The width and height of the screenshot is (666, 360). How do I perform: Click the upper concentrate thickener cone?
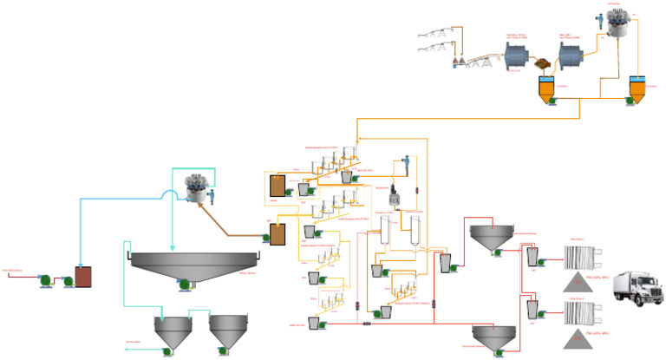pos(492,238)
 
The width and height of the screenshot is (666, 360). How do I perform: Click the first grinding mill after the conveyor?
pos(518,55)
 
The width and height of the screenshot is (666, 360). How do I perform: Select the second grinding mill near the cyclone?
pos(571,55)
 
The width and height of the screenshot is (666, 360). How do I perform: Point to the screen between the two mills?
pos(544,62)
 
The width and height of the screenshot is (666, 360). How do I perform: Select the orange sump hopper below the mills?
pos(548,90)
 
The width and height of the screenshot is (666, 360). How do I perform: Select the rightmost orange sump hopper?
pos(638,90)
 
